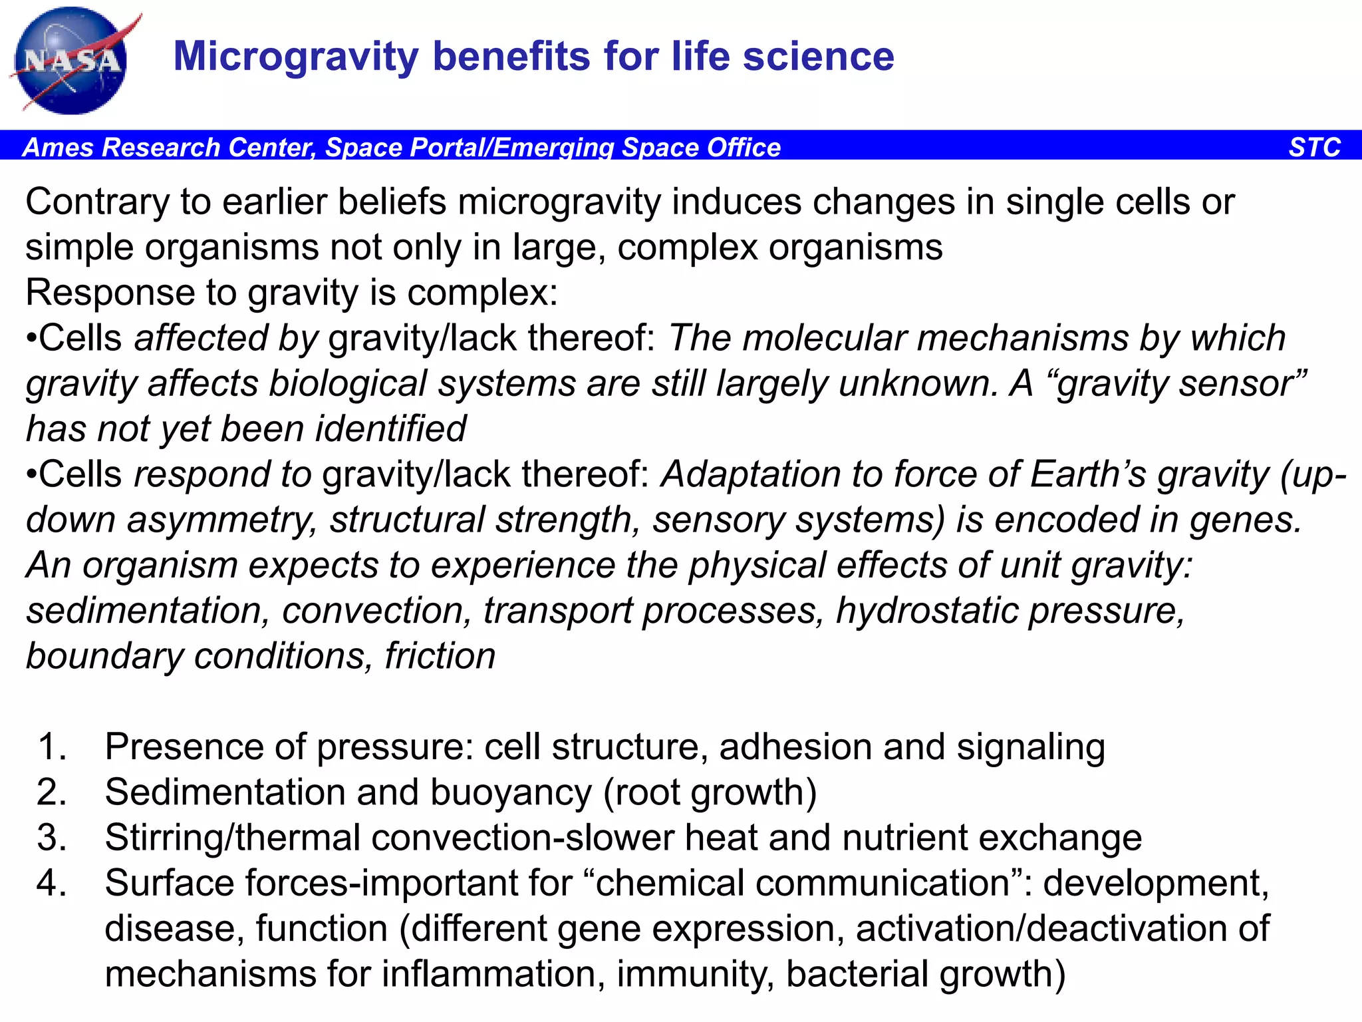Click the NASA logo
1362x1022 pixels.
click(72, 61)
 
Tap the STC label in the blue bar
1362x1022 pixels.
click(1314, 147)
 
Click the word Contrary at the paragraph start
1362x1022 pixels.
click(97, 202)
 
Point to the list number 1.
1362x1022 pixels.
click(52, 747)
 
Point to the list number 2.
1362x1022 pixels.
click(52, 792)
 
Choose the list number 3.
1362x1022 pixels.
click(52, 838)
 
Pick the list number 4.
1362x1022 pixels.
click(52, 883)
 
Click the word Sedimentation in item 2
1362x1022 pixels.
click(225, 792)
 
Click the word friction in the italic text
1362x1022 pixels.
click(440, 657)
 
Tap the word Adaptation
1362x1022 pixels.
click(750, 475)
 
